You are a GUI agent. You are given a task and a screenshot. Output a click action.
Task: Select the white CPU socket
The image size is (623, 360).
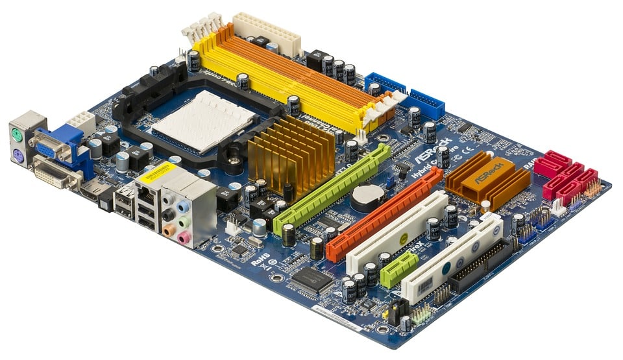tap(203, 121)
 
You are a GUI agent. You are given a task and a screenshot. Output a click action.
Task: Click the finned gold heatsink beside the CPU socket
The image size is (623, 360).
tap(291, 154)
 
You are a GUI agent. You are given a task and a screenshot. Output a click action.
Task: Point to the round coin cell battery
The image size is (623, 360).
tap(367, 197)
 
